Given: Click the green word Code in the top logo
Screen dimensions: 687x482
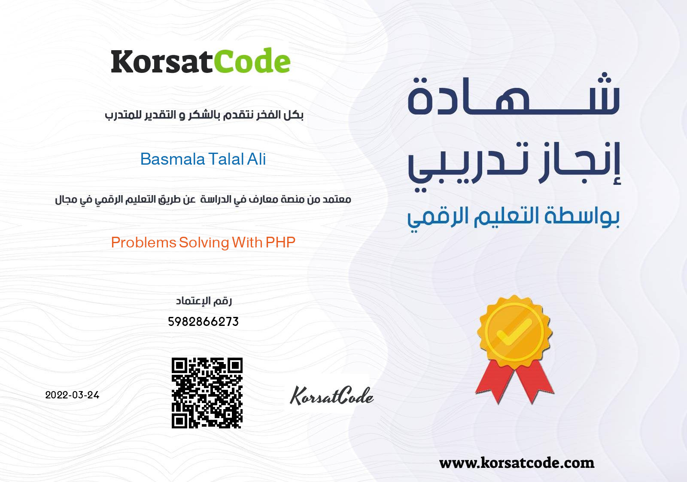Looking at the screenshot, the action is (252, 60).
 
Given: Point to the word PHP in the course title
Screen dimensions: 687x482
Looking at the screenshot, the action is (280, 243).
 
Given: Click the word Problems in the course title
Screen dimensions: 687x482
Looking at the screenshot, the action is (143, 243).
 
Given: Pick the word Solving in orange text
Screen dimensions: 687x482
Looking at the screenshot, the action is (204, 243).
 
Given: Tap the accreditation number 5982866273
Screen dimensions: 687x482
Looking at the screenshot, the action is (204, 322).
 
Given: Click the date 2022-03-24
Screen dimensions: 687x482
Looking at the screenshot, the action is (72, 395).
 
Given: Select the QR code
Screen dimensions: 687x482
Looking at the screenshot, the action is (207, 393).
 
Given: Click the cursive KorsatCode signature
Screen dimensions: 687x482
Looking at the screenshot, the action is (331, 395).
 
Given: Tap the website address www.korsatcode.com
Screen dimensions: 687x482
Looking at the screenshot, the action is (517, 463).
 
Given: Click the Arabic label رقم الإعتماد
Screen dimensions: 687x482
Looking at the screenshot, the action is (204, 301).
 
